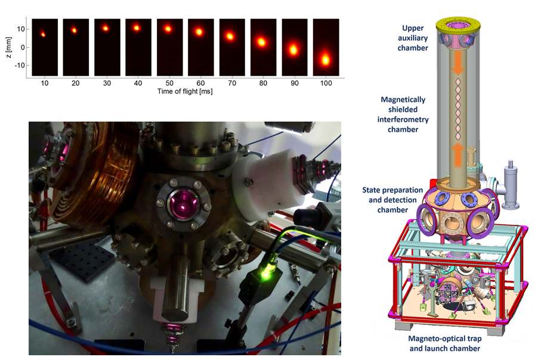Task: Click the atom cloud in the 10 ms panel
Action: tap(43, 35)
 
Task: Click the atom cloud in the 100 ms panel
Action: tap(326, 60)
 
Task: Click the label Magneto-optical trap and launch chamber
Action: tap(444, 343)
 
